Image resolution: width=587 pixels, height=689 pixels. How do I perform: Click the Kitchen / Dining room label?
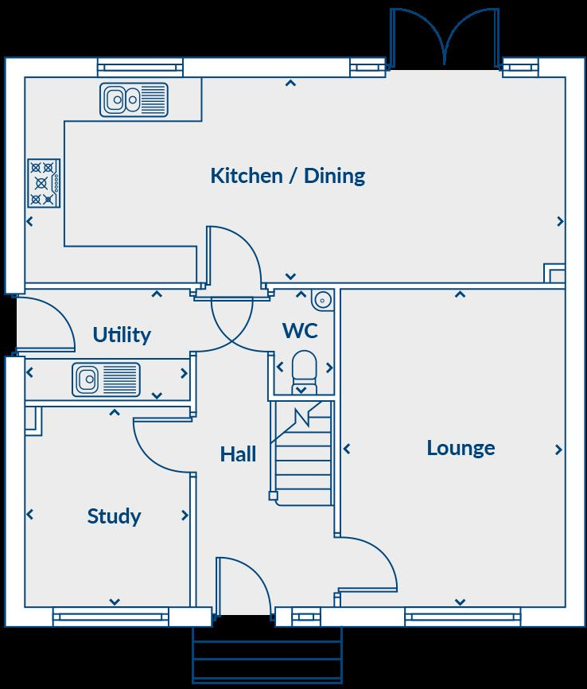coord(287,176)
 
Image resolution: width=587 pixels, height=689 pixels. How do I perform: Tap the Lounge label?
coord(461,448)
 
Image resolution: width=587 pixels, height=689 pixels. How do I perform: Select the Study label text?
coord(114,516)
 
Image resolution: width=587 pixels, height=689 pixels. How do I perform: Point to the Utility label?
coord(121,335)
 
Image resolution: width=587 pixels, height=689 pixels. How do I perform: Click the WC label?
coord(300,330)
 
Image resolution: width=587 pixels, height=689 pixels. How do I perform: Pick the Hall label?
coord(238,454)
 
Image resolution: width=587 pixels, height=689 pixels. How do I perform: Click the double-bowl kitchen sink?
coord(134,99)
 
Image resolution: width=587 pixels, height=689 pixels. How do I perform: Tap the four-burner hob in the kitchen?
coord(44,183)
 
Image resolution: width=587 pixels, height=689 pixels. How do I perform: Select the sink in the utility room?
coord(105,379)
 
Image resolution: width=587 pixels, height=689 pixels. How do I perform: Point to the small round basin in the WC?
coord(322,300)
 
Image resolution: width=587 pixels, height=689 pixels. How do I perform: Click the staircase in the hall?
coord(301,453)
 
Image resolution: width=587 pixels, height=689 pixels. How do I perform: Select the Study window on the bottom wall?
coord(111,617)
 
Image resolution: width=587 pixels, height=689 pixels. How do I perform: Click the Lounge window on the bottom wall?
coord(462,617)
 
